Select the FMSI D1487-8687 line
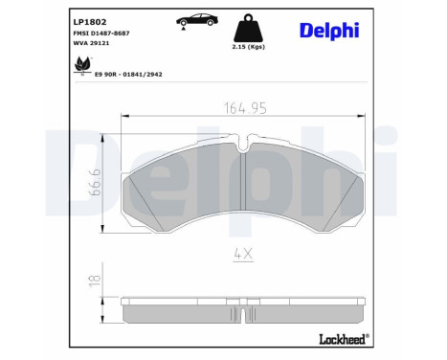(x=102, y=34)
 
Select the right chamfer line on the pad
(x=342, y=201)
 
